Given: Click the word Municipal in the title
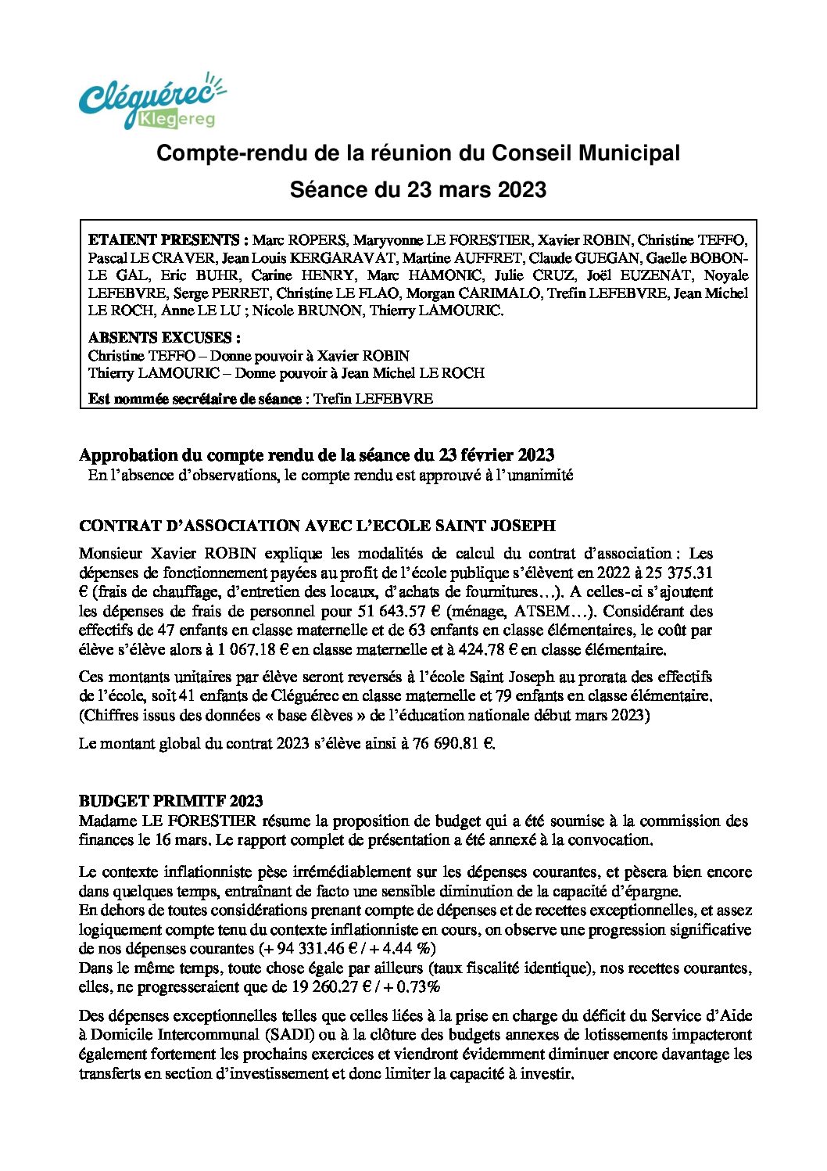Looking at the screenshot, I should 628,153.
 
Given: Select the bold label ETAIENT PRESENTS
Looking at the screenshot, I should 168,240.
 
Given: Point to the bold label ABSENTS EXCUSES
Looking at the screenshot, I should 164,338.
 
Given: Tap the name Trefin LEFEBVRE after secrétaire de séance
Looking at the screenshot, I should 373,398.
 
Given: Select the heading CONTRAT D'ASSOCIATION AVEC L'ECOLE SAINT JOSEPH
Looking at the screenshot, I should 317,526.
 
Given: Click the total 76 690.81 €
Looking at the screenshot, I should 454,743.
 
